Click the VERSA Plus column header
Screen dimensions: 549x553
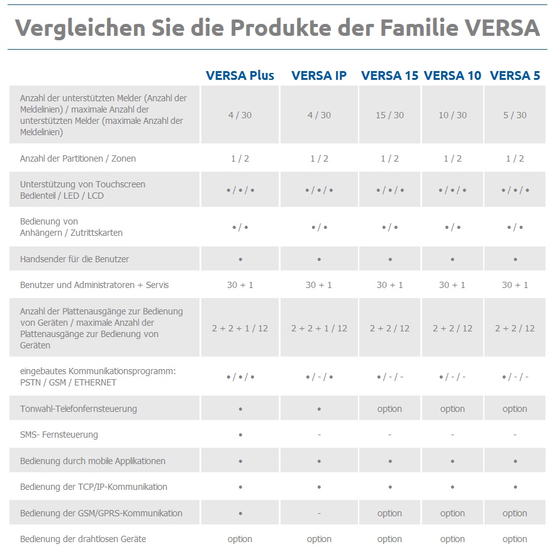click(x=240, y=75)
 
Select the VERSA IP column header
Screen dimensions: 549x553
click(x=319, y=75)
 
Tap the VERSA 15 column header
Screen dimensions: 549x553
click(x=389, y=75)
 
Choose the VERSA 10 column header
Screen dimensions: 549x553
click(x=452, y=75)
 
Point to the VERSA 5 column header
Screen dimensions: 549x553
click(x=515, y=75)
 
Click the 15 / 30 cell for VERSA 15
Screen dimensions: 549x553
click(x=389, y=115)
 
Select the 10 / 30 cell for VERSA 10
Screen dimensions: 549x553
click(x=452, y=115)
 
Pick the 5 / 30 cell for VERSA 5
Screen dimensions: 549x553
click(x=515, y=115)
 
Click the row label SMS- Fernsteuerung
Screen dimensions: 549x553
click(x=59, y=435)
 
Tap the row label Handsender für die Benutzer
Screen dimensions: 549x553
click(x=74, y=259)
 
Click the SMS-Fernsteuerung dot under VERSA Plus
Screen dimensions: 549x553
click(x=240, y=435)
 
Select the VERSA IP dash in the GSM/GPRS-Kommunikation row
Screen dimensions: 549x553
click(x=319, y=513)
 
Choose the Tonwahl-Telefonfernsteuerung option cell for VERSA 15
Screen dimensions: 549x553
click(x=389, y=409)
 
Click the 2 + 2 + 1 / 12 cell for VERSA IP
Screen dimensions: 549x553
click(x=319, y=328)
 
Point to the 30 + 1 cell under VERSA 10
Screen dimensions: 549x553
click(x=452, y=285)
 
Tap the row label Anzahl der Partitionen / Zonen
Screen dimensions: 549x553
click(x=78, y=158)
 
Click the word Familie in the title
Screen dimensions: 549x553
click(x=416, y=28)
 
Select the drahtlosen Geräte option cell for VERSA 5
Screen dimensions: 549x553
click(x=515, y=539)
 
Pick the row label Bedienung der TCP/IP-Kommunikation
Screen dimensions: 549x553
click(x=94, y=487)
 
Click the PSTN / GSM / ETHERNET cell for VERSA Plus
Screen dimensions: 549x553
click(x=240, y=377)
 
